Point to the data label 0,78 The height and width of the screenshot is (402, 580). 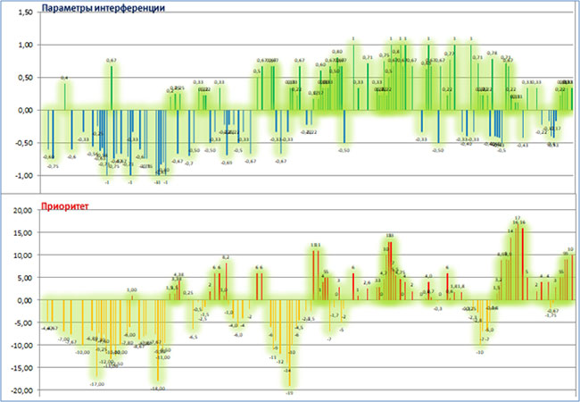click(492, 54)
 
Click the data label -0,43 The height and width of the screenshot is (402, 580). click(523, 145)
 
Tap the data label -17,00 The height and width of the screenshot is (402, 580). click(97, 384)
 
